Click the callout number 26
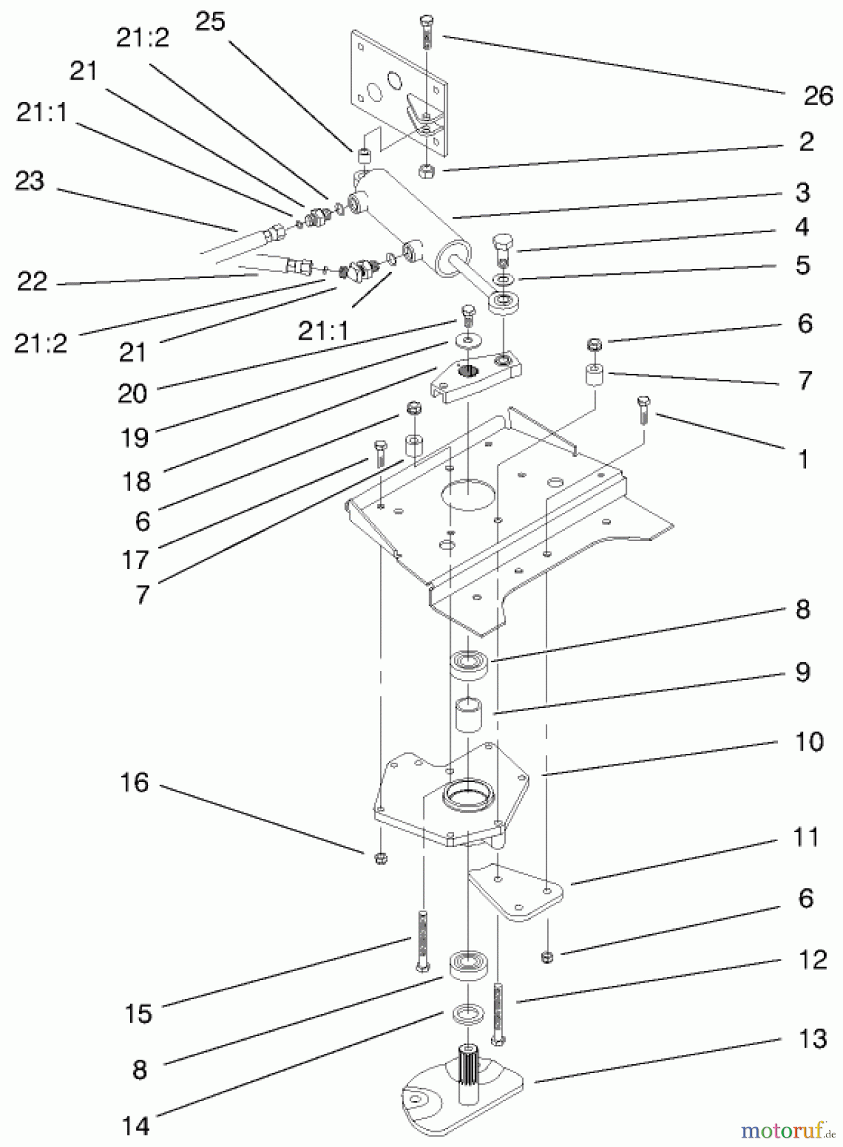818,96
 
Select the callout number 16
135,782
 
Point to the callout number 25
210,22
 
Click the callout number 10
809,742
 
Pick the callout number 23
29,181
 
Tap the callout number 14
135,1126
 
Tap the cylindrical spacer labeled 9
469,715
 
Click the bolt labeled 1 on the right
642,408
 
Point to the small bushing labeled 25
363,156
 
